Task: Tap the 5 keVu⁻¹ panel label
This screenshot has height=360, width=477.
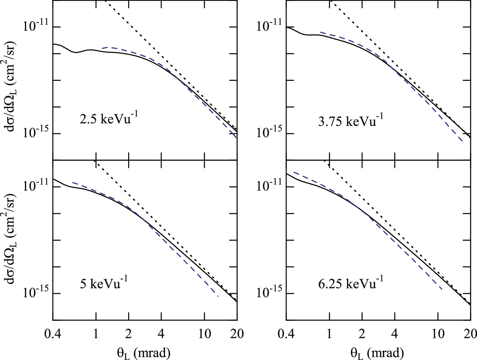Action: tap(104, 283)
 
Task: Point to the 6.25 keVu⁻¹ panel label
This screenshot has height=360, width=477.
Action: tap(350, 283)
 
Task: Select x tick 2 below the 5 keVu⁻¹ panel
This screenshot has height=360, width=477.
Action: tap(128, 334)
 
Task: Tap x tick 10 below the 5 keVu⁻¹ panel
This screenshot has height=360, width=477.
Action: tap(204, 334)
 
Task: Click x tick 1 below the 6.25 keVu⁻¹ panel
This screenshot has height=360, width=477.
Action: tap(330, 334)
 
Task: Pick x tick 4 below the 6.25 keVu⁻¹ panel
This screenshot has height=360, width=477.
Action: tap(395, 334)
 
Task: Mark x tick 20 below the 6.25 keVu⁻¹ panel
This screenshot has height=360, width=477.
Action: tap(469, 334)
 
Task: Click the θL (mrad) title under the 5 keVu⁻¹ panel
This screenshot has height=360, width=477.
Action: tap(143, 353)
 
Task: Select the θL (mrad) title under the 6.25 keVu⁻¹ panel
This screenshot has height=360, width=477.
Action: tap(377, 353)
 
